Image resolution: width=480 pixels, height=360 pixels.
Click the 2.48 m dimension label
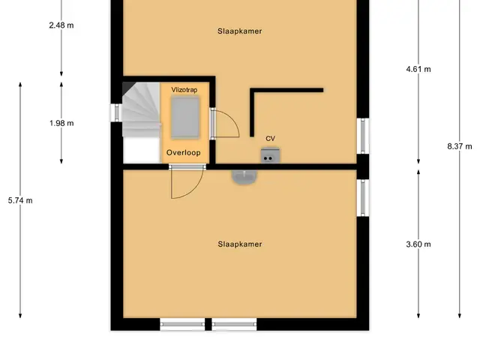click(61, 25)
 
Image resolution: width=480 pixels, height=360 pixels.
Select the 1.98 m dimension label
click(61, 123)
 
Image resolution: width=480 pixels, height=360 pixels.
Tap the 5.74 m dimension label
click(20, 200)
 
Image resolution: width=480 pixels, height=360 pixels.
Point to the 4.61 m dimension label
click(418, 69)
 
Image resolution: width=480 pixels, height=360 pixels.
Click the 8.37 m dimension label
click(460, 146)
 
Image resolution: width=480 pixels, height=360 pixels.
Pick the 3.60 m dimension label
click(418, 244)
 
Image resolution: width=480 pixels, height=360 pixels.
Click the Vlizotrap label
click(184, 90)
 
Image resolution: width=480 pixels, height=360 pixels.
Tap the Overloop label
click(184, 152)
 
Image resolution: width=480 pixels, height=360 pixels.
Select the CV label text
click(270, 139)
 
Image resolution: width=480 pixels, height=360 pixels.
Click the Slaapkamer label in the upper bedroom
click(240, 31)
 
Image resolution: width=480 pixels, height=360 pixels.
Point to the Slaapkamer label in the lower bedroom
click(240, 244)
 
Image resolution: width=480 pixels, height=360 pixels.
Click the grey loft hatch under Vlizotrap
click(185, 117)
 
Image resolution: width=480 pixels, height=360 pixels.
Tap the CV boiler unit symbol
click(270, 155)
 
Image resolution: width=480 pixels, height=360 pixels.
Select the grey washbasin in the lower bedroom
click(244, 177)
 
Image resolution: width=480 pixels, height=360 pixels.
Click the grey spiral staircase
click(142, 109)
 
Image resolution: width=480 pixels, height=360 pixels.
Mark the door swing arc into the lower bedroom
click(195, 190)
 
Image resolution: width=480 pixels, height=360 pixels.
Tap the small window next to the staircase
click(116, 112)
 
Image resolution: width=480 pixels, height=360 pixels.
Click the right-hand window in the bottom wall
click(234, 324)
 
